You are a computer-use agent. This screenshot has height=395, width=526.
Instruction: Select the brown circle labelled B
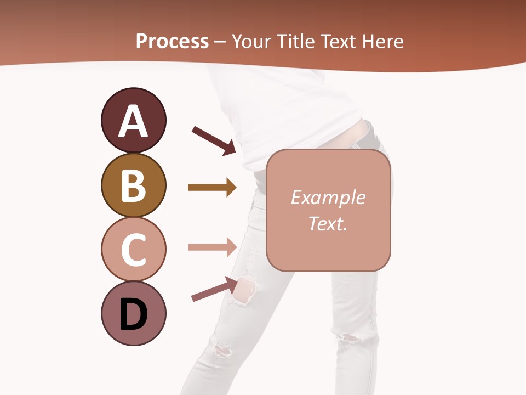[133, 185]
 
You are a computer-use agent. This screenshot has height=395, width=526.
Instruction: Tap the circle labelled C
[133, 249]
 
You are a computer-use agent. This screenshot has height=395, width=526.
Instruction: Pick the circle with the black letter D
[133, 313]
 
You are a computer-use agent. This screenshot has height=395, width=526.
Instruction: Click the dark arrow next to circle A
[213, 140]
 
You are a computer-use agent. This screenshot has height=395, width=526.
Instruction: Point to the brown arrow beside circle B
[211, 188]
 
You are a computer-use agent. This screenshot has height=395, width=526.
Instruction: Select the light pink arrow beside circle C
[211, 247]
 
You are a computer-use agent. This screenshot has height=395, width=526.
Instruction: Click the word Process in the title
[172, 41]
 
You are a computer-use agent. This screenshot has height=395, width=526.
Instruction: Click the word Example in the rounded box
[328, 198]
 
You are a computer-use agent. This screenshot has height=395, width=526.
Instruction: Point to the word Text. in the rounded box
[328, 223]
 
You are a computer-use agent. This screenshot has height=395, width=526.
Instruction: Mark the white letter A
[133, 121]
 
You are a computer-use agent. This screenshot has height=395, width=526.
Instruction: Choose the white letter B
[133, 185]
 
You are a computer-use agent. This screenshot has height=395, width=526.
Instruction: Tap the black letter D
[133, 314]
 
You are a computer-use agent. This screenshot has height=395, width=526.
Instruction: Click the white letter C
[133, 250]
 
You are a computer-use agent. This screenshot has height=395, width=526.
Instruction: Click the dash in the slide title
[220, 42]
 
